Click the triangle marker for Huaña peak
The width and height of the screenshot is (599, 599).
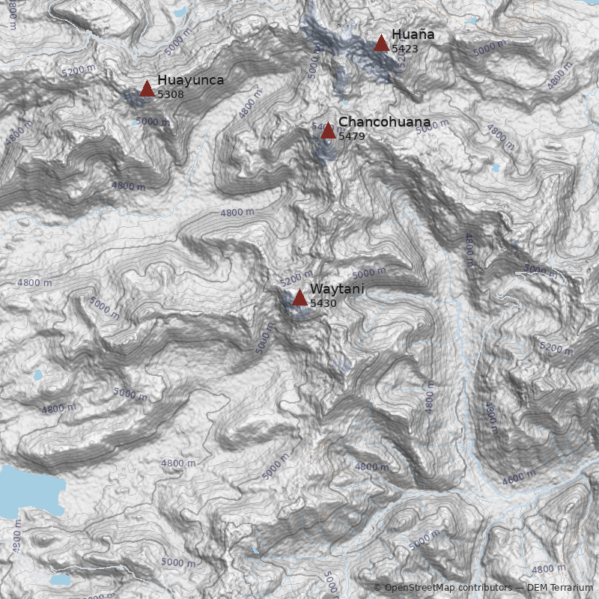(x=381, y=43)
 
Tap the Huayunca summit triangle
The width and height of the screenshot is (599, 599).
(x=147, y=89)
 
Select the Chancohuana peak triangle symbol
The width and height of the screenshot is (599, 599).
(x=328, y=131)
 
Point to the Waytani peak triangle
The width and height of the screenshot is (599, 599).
(x=299, y=298)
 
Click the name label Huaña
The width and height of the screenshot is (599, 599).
(x=413, y=34)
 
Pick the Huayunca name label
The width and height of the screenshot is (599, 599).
(x=190, y=80)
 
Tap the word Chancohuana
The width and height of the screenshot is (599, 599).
(x=384, y=121)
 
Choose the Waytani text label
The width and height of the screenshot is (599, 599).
(x=337, y=288)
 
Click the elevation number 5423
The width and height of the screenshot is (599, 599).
(x=404, y=49)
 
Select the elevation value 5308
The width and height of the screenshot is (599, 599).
(x=170, y=94)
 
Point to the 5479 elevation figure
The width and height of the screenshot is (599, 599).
(x=351, y=136)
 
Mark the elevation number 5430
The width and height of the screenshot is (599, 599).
(x=323, y=303)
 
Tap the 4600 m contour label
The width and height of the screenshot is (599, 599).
(x=520, y=477)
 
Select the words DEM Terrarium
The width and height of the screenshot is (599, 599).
(x=559, y=588)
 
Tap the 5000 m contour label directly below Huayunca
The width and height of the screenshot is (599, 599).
(x=152, y=121)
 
